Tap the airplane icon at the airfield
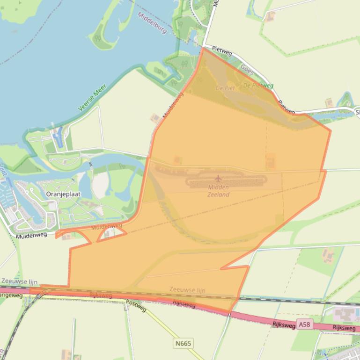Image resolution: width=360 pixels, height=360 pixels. pyautogui.click(x=218, y=178)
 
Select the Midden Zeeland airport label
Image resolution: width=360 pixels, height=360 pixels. pyautogui.click(x=218, y=191)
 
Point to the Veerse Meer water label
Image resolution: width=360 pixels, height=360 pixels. pyautogui.click(x=92, y=98)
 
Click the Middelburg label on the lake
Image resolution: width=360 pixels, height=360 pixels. pyautogui.click(x=153, y=23)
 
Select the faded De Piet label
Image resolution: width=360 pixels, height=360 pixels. pyautogui.click(x=225, y=88)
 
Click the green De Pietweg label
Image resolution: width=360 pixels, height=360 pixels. pyautogui.click(x=258, y=86)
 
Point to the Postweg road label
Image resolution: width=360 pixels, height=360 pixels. pyautogui.click(x=136, y=306)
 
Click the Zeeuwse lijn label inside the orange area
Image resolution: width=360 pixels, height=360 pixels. pyautogui.click(x=187, y=290)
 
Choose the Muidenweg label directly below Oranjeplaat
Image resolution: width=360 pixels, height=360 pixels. pyautogui.click(x=32, y=236)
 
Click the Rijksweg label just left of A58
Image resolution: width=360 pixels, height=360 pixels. pyautogui.click(x=284, y=323)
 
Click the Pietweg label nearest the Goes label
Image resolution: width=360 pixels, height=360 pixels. pyautogui.click(x=222, y=50)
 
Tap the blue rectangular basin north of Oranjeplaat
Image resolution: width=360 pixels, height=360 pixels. pyautogui.click(x=58, y=137)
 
